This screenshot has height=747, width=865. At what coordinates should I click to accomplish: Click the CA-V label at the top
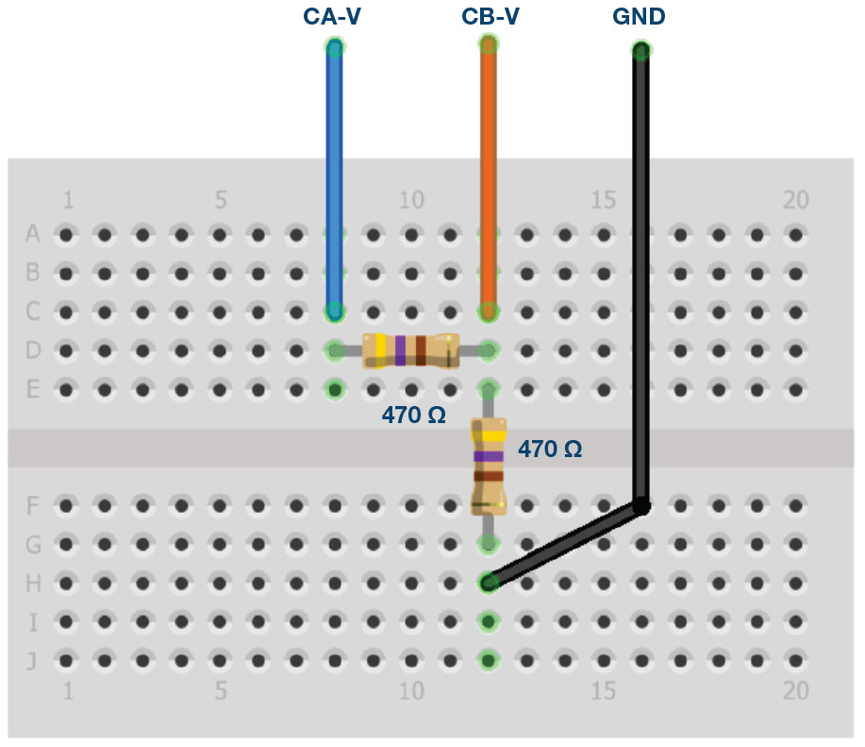point(331,17)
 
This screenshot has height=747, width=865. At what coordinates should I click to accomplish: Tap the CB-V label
point(490,17)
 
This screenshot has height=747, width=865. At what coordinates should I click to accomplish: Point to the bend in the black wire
point(640,506)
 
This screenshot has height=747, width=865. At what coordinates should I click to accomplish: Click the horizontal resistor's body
point(411,350)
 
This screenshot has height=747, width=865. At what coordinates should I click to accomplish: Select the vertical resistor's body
point(488,467)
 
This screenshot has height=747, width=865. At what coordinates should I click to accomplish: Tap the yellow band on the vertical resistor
point(488,436)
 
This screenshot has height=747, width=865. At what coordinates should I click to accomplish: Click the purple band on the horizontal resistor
point(401,350)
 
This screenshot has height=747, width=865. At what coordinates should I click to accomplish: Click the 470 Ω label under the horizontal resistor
point(413,414)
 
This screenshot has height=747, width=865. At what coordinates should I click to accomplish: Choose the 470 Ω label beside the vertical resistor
point(550,450)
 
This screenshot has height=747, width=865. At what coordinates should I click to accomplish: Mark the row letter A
point(33,233)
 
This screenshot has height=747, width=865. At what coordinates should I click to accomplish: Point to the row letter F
point(33,505)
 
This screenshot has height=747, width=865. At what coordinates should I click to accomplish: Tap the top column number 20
point(796,200)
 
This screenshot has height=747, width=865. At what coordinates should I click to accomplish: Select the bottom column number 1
point(67,691)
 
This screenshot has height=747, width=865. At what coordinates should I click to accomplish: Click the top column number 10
point(410,200)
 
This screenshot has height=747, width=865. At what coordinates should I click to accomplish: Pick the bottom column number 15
point(604,691)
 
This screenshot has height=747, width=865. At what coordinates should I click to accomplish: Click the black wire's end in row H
point(489,583)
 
